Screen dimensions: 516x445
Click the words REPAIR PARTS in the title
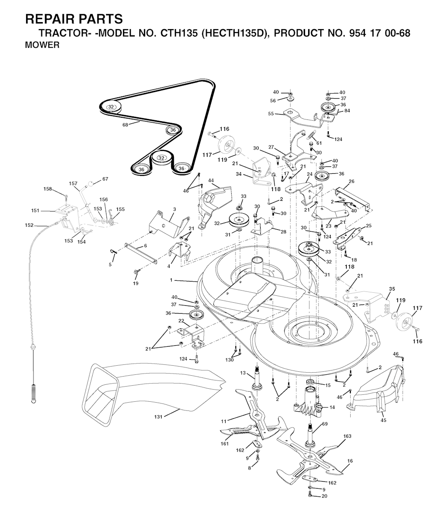coord(74,19)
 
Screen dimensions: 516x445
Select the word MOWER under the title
coord(43,45)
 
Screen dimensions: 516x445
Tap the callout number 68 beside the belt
coord(126,125)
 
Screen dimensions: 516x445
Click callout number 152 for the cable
coord(29,225)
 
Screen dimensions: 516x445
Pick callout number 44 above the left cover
coord(211,180)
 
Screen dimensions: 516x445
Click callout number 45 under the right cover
coord(383,420)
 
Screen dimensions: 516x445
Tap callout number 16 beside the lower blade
coord(350,462)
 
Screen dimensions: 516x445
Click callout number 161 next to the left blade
coord(225,443)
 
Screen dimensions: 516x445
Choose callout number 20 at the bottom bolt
coord(324,496)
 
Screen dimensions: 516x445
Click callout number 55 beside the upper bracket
coord(271,113)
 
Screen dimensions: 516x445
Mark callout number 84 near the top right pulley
coord(347,111)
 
